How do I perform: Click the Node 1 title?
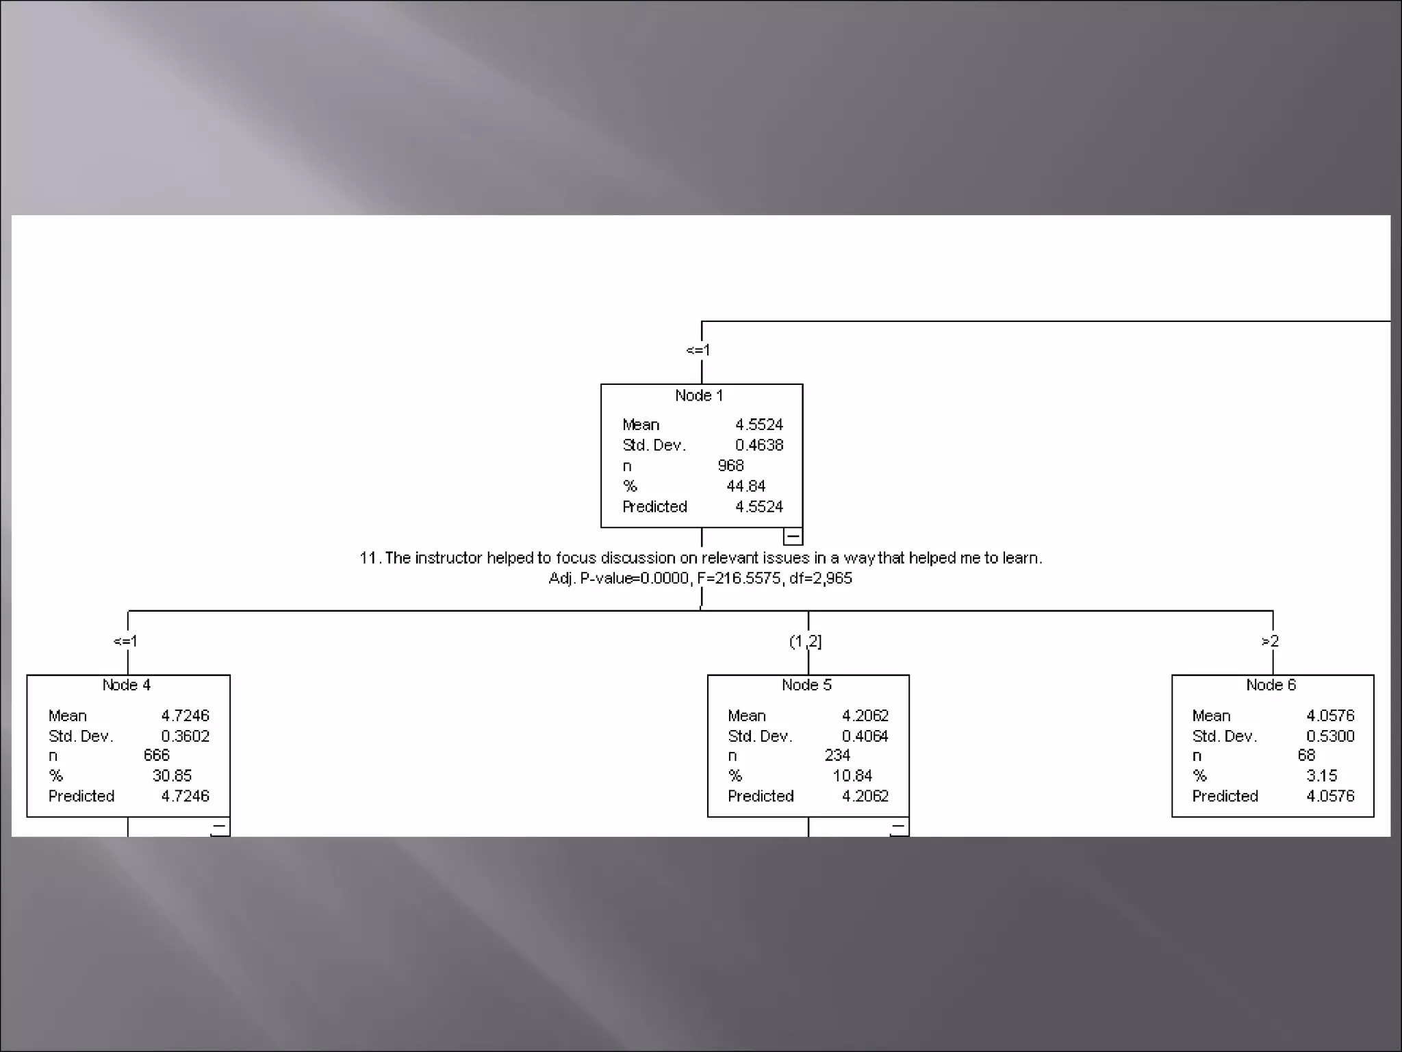pyautogui.click(x=699, y=396)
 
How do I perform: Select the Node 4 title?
pyautogui.click(x=127, y=685)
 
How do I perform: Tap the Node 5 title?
pyautogui.click(x=806, y=685)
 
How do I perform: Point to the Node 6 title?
pyautogui.click(x=1271, y=685)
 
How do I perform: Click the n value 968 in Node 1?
pyautogui.click(x=730, y=466)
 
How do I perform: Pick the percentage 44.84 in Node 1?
pyautogui.click(x=745, y=486)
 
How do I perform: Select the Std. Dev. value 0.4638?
pyautogui.click(x=759, y=445)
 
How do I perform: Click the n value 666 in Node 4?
pyautogui.click(x=157, y=755)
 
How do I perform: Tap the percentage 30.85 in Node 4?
pyautogui.click(x=172, y=776)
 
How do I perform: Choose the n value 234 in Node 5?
pyautogui.click(x=837, y=755)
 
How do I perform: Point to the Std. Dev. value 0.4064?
pyautogui.click(x=865, y=736)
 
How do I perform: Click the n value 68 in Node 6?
pyautogui.click(x=1306, y=755)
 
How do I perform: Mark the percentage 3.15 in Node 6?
pyautogui.click(x=1321, y=776)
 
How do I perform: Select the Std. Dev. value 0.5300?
pyautogui.click(x=1330, y=736)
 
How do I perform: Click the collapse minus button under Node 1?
pyautogui.click(x=793, y=536)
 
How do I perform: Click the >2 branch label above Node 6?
pyautogui.click(x=1270, y=641)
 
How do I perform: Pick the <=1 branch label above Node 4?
pyautogui.click(x=125, y=641)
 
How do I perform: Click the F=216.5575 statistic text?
pyautogui.click(x=739, y=579)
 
